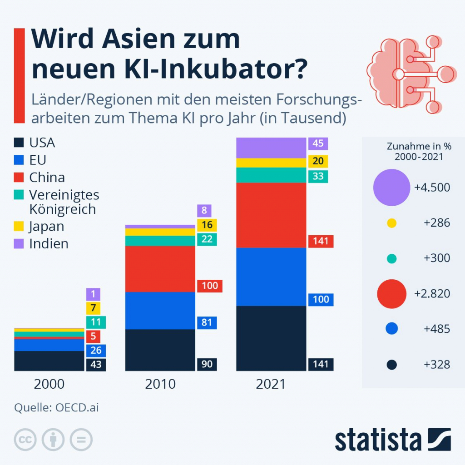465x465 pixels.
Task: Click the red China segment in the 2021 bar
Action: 271,215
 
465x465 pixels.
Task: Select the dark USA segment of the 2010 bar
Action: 160,350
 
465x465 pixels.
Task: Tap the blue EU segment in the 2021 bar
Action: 271,277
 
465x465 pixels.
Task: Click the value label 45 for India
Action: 318,143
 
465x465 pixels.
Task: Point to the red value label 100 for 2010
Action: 209,286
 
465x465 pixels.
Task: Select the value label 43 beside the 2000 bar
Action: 96,364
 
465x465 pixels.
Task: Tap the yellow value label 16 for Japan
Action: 207,225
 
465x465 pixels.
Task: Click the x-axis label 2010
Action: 160,384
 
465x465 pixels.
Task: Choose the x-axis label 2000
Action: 49,384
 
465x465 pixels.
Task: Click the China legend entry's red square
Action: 19,177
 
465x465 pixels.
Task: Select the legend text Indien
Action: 49,243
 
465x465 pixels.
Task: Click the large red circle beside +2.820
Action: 391,293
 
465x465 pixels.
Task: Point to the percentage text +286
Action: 436,223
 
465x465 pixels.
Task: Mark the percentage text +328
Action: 436,364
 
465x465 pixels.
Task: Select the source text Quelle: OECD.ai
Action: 56,407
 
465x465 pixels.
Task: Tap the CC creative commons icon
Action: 25,440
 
